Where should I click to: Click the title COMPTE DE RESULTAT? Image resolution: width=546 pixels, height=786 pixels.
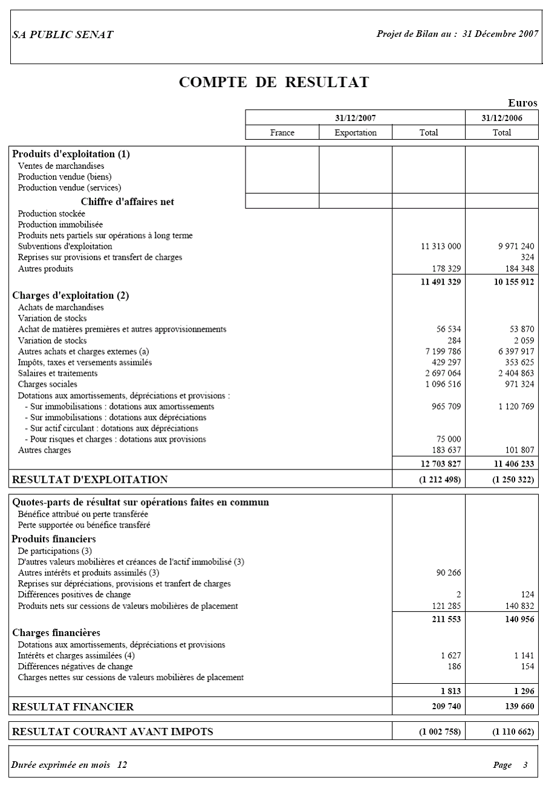coord(273,83)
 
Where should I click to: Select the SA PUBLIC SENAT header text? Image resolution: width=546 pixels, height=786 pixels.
coord(62,34)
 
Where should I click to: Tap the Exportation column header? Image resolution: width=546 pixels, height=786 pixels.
coord(356,133)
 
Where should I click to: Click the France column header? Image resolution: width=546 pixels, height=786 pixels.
coord(282,133)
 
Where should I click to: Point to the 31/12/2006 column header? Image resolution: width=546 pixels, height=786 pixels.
coord(502,118)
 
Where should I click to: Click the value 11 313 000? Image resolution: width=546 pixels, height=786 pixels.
coord(441,246)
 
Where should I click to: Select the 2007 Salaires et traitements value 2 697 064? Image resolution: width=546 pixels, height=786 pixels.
coord(443,373)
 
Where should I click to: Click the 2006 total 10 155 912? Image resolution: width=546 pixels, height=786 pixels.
coord(509,281)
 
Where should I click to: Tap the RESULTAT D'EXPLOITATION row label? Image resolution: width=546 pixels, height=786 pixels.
coord(90,479)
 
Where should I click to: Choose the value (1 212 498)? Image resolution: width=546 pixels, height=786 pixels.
coord(440,479)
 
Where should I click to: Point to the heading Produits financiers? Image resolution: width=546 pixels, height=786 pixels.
coord(54,539)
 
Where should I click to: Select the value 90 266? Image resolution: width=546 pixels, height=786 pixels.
coord(448,572)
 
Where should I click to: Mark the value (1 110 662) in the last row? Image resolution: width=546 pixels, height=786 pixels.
coord(513,732)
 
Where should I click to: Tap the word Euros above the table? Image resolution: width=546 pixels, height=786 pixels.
coord(522,103)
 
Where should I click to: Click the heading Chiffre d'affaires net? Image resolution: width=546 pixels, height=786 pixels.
coord(127,202)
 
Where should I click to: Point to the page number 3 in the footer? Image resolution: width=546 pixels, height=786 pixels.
coord(525,765)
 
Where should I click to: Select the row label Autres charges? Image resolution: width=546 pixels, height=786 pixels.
coord(44,450)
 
